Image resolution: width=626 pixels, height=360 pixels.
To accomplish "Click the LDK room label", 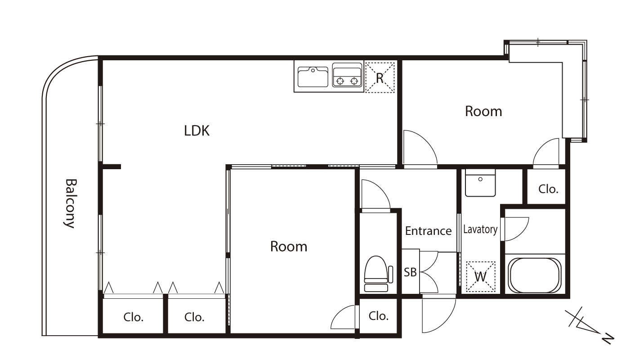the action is tap(197, 130).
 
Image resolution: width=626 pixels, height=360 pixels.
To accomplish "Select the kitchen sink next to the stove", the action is tap(313, 77).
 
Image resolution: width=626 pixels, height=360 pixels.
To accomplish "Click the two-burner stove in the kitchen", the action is tap(347, 75).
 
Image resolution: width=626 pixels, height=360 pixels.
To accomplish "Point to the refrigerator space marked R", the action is tap(380, 77).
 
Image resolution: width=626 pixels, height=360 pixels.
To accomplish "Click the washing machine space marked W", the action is tap(481, 276).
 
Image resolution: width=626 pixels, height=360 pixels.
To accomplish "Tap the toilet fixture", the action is tap(378, 274).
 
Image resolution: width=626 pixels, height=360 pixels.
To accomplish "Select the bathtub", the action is tap(535, 275).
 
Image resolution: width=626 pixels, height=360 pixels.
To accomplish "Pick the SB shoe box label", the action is tap(410, 272).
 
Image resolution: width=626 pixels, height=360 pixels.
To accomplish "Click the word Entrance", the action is tap(429, 231).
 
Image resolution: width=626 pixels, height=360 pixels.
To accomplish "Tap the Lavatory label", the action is tap(480, 229).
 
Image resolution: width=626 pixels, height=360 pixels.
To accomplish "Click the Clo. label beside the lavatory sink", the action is tap(548, 189).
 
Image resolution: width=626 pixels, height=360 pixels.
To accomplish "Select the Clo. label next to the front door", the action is tap(379, 316).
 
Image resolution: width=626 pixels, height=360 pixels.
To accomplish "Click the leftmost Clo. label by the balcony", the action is tap(134, 317).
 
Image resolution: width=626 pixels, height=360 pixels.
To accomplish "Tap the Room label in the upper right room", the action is tap(483, 111).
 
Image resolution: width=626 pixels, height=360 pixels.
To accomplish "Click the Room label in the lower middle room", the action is tap(289, 247).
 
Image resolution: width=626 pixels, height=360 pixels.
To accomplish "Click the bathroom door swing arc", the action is tap(523, 233).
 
